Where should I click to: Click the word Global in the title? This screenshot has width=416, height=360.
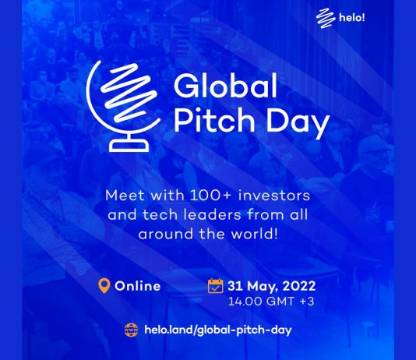click(x=225, y=86)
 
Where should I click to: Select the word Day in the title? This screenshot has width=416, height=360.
click(x=298, y=122)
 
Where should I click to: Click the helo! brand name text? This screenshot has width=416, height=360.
click(x=352, y=18)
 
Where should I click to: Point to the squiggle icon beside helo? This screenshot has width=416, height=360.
click(x=326, y=18)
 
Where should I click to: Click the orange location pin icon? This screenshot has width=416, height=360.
click(x=104, y=286)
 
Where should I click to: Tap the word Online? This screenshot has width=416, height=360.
click(x=137, y=286)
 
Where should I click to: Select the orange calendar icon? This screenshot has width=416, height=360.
click(x=215, y=286)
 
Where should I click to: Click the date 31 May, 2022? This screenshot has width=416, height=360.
click(x=272, y=286)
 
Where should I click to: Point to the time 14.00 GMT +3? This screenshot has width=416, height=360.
click(x=271, y=302)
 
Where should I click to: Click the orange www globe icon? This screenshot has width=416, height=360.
click(x=132, y=330)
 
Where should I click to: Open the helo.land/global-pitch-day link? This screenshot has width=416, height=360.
click(x=218, y=330)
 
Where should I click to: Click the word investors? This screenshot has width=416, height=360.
click(x=274, y=196)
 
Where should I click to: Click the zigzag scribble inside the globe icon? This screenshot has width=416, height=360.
click(x=129, y=92)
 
